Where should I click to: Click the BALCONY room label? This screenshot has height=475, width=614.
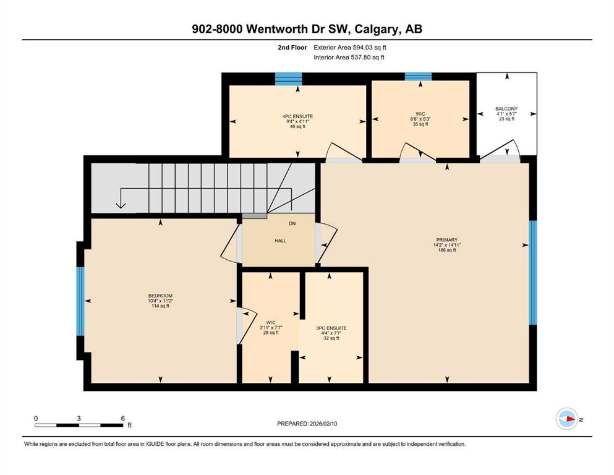click(x=506, y=108)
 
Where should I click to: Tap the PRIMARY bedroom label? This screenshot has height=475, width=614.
click(x=447, y=239)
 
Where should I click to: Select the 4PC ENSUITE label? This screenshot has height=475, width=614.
click(x=297, y=116)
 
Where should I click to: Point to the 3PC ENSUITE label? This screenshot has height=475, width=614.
click(x=331, y=328)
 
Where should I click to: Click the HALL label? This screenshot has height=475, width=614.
click(x=280, y=241)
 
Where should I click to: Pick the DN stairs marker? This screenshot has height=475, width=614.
click(x=292, y=224)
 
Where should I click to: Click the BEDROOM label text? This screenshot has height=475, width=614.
click(x=160, y=296)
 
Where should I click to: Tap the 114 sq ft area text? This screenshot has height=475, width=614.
click(x=160, y=306)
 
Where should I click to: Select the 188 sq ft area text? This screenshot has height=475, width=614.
click(x=447, y=250)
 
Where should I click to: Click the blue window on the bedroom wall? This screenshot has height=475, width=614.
click(x=80, y=301)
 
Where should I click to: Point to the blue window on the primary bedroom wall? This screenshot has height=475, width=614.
click(x=533, y=273)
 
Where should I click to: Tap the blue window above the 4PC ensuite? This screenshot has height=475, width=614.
click(x=288, y=79)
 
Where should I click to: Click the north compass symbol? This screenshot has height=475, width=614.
click(x=567, y=419)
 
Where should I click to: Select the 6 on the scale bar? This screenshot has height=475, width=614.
click(x=122, y=418)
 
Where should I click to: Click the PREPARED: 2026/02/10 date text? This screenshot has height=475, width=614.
click(x=307, y=424)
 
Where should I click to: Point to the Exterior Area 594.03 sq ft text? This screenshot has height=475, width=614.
click(x=350, y=48)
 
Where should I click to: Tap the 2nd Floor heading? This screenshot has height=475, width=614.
click(x=292, y=48)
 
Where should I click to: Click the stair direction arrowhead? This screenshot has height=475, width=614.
click(x=121, y=205)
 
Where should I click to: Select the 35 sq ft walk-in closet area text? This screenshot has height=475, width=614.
click(x=420, y=124)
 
